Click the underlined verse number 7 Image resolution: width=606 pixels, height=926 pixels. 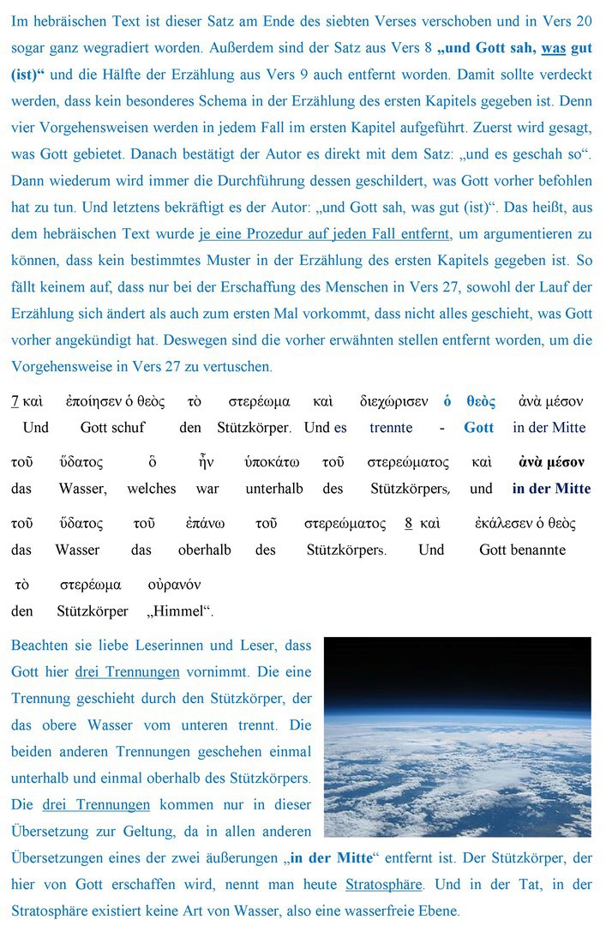click(x=15, y=401)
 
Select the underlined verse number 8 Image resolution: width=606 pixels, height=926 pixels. click(x=408, y=523)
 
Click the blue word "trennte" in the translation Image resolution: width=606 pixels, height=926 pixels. click(x=391, y=427)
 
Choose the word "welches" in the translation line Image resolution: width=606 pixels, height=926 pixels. click(x=152, y=489)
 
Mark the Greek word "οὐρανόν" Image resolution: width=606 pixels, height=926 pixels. click(x=174, y=585)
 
